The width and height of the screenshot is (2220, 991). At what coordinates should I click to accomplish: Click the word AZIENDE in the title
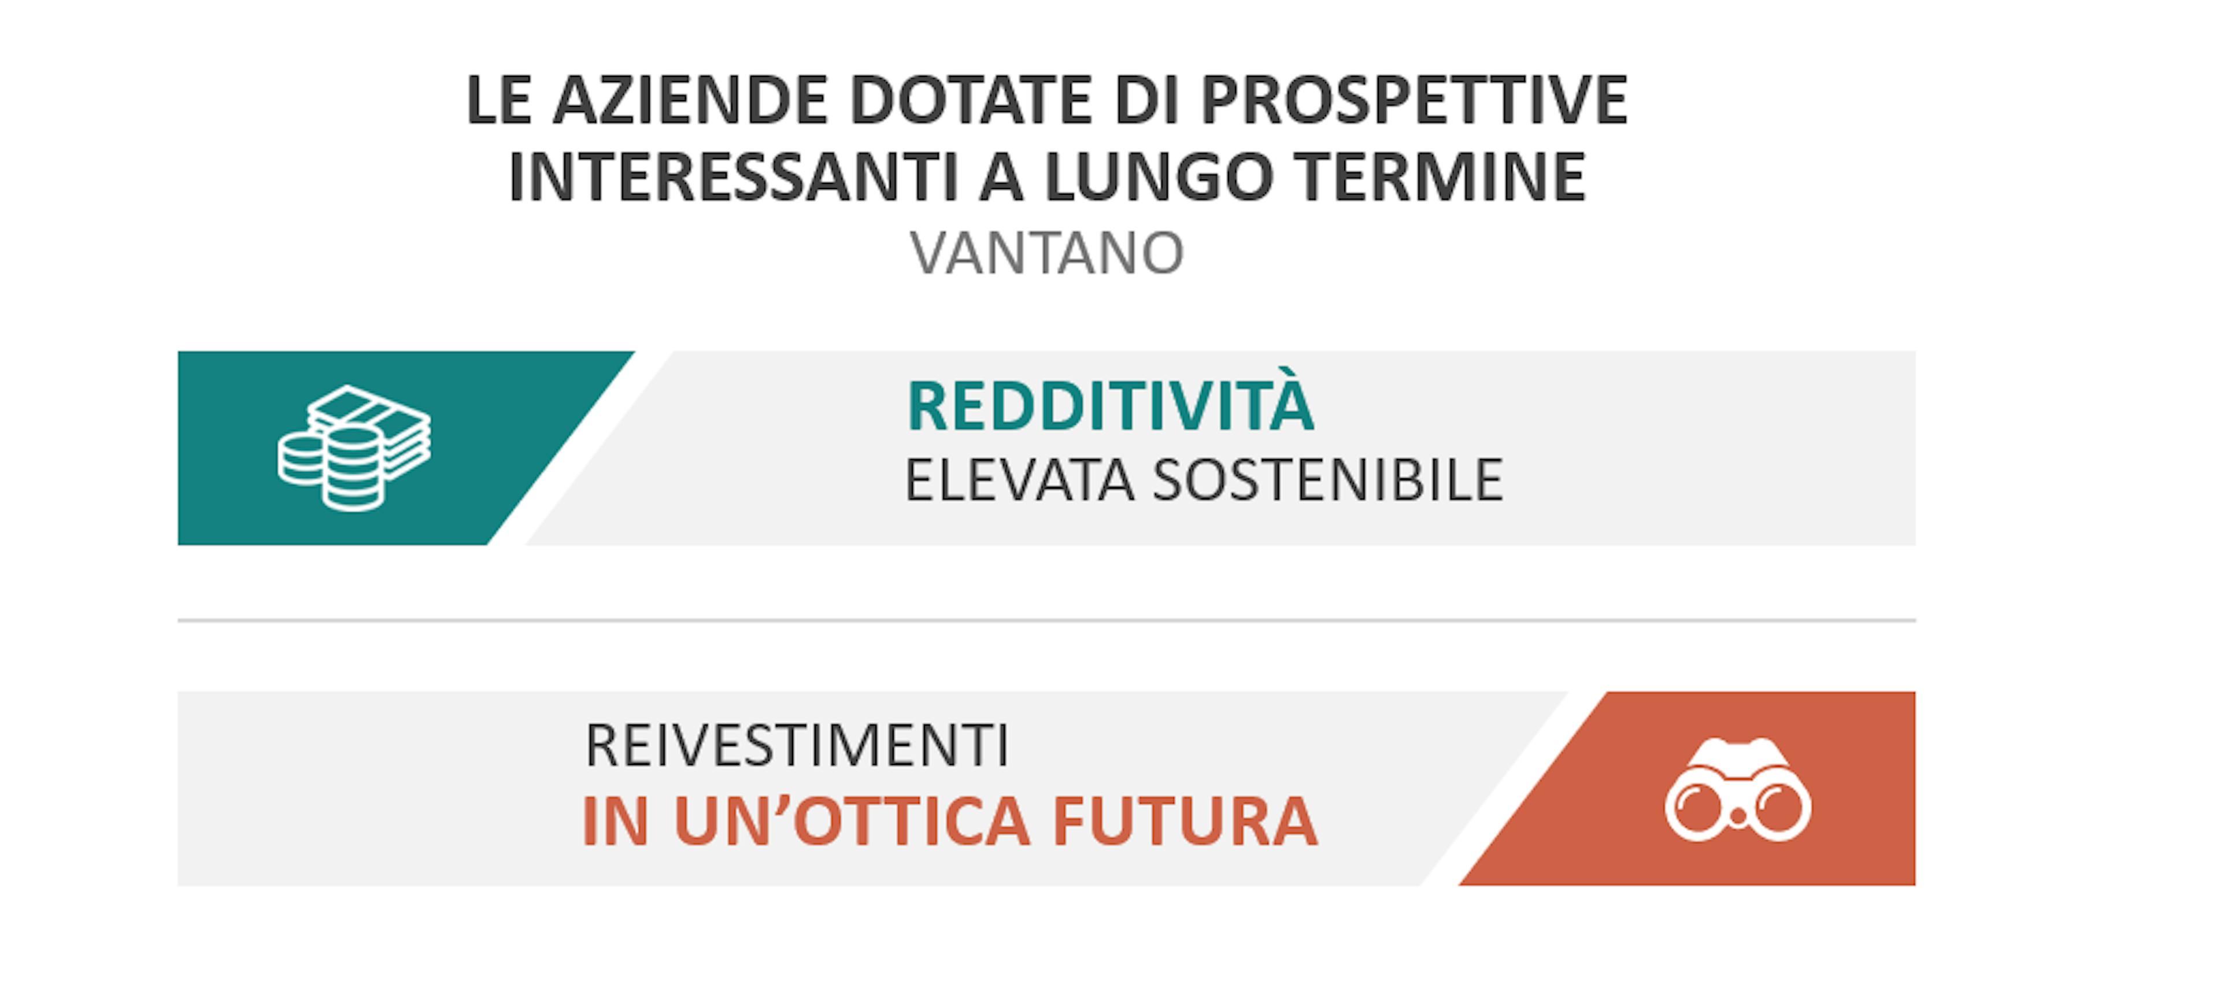pyautogui.click(x=690, y=100)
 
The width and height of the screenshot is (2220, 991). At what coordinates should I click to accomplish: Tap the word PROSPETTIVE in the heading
pyautogui.click(x=1414, y=100)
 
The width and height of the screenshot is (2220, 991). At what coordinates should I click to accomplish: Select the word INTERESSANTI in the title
pyautogui.click(x=734, y=177)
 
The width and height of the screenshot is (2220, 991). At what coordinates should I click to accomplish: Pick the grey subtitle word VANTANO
pyautogui.click(x=1047, y=253)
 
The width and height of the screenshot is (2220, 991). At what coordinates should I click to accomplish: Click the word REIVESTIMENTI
pyautogui.click(x=796, y=745)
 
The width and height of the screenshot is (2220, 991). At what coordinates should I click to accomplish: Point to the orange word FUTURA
pyautogui.click(x=1185, y=821)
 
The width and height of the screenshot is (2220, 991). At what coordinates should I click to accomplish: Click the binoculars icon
pyautogui.click(x=1737, y=790)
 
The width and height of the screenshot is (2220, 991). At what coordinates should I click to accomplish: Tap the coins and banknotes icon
pyautogui.click(x=354, y=448)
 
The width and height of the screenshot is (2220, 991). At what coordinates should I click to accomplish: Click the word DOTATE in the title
pyautogui.click(x=971, y=100)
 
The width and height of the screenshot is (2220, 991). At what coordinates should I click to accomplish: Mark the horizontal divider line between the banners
pyautogui.click(x=1046, y=620)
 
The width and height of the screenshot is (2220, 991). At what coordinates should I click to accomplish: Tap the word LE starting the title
pyautogui.click(x=498, y=100)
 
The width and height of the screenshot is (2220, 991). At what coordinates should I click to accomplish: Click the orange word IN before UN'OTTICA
pyautogui.click(x=615, y=821)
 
